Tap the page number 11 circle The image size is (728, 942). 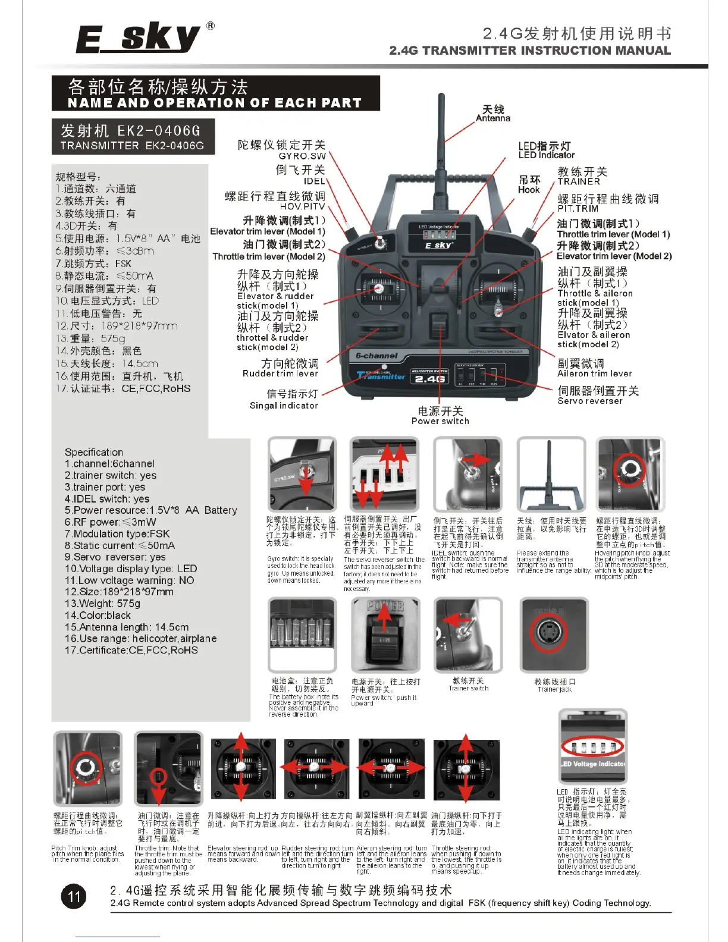74,897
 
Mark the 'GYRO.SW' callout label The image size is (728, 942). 302,156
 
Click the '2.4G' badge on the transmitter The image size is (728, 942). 429,378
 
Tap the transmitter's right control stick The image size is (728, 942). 498,311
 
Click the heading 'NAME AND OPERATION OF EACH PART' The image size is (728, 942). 215,103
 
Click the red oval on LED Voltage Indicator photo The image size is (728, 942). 592,747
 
